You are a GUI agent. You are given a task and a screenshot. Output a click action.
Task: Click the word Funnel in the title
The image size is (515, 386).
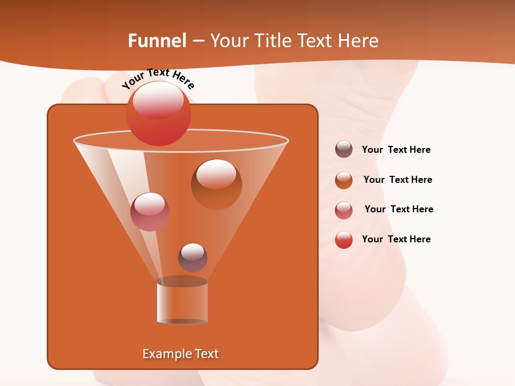point(157,41)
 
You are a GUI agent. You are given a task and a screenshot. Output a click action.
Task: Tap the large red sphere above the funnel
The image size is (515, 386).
point(158,114)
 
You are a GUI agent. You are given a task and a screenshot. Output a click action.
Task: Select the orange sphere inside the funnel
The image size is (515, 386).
point(216,184)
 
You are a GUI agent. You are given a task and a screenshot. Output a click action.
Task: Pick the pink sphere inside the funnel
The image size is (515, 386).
point(150,212)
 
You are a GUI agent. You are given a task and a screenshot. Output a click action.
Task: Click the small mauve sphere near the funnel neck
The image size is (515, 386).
point(193,258)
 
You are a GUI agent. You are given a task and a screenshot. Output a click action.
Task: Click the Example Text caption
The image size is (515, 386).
point(181,354)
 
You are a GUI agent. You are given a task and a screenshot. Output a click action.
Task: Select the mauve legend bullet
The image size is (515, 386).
point(344,150)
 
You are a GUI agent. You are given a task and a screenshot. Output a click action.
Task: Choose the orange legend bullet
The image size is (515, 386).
point(344,180)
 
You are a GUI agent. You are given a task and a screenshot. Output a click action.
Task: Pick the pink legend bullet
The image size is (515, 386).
point(344,210)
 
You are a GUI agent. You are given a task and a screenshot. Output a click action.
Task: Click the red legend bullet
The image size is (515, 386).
point(344,240)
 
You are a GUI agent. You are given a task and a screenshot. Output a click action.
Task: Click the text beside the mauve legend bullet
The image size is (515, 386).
point(396,150)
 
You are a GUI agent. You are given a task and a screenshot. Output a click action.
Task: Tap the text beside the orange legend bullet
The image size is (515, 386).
point(398,180)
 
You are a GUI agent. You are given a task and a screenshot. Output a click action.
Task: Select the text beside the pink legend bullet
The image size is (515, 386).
point(399,209)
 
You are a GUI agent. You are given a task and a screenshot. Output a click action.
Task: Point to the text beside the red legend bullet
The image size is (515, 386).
point(396,239)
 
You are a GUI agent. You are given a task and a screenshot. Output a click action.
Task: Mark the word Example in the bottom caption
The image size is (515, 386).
point(166,354)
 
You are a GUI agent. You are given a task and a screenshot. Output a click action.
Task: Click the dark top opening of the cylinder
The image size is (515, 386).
point(182,281)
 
